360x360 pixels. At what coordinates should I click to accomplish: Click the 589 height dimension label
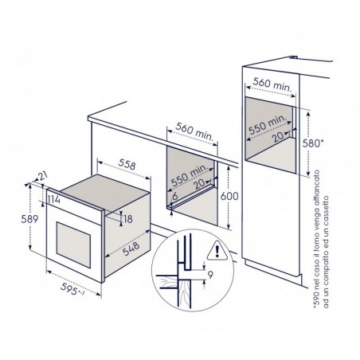point(29,219)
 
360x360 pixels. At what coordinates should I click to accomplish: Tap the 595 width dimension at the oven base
point(69,288)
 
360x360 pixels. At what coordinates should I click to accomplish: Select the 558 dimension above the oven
point(127,164)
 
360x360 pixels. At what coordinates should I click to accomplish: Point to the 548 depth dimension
point(131,248)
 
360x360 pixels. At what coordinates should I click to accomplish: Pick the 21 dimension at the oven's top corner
point(42,176)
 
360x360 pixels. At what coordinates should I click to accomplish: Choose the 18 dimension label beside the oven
point(128,219)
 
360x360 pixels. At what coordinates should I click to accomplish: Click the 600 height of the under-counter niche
point(229,196)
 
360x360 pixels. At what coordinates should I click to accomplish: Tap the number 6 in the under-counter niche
point(174,197)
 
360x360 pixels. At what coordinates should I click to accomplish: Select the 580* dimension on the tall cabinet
point(313,143)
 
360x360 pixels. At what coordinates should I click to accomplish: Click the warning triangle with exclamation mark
point(217,250)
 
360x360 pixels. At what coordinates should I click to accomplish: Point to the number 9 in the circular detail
point(210,275)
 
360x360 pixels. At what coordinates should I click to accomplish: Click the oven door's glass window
point(73,245)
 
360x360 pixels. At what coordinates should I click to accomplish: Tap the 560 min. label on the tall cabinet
point(272,84)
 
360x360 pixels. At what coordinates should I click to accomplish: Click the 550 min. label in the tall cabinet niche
point(268,125)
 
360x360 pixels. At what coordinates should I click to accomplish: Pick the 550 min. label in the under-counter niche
point(189,175)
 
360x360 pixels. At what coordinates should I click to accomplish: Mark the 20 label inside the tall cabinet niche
point(279,137)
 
